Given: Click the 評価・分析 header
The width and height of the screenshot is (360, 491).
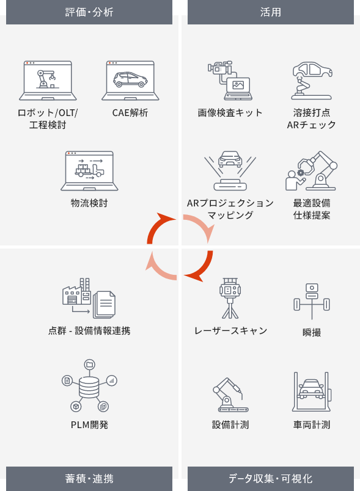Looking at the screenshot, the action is click(x=89, y=12).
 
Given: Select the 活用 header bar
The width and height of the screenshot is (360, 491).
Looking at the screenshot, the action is click(x=271, y=12).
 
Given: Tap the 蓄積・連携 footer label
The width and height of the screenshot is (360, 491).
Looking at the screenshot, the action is click(x=89, y=478).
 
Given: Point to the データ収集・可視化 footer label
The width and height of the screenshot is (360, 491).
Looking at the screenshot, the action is click(x=271, y=478).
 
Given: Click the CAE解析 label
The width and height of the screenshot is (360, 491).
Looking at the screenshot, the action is click(x=130, y=113).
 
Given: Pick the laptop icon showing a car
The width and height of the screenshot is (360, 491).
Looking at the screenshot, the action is click(x=130, y=81).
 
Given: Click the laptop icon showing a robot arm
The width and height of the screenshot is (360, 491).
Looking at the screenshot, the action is click(x=48, y=81).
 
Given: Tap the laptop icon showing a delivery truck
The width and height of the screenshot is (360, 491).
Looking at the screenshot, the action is click(x=89, y=170).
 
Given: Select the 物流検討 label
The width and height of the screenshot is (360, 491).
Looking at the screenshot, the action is click(x=89, y=203).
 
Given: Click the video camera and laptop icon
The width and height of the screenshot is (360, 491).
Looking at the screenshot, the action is click(x=230, y=81).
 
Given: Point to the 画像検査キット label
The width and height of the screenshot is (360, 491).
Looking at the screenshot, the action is click(x=230, y=113).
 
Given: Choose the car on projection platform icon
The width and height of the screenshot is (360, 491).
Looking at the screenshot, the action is click(x=230, y=170).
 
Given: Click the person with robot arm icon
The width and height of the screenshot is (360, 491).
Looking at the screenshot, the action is click(x=312, y=170).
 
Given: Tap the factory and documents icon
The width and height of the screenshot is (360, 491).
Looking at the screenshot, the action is click(x=89, y=298).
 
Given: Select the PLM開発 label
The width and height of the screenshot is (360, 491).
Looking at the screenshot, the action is click(x=89, y=424).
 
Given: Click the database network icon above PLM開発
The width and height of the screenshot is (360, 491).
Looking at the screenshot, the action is click(x=89, y=385).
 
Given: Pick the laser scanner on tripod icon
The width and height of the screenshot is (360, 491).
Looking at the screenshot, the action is click(x=230, y=298).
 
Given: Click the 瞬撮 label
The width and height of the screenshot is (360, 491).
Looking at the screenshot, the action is click(x=312, y=332).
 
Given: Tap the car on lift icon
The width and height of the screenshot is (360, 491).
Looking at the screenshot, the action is click(x=312, y=391).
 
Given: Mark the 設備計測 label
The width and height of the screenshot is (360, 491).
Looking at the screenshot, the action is click(x=230, y=424).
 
